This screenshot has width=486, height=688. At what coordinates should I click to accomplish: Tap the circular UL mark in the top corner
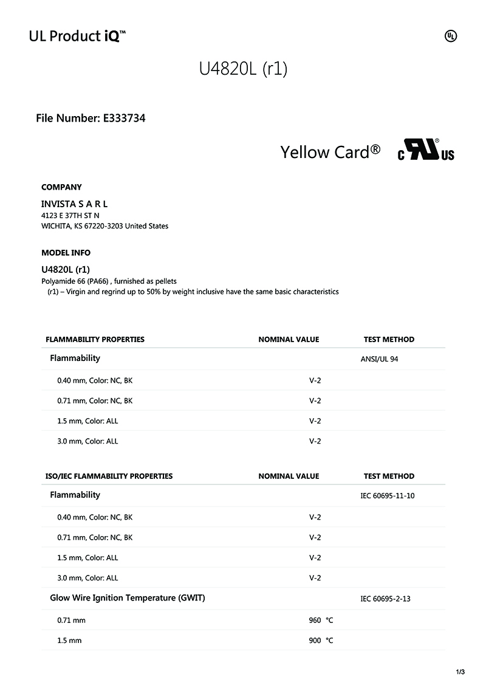point(451,36)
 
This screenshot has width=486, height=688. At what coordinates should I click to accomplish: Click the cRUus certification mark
point(426,151)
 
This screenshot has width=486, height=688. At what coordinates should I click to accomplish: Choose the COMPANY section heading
point(61,187)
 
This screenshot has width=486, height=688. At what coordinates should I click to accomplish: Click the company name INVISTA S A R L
point(74,204)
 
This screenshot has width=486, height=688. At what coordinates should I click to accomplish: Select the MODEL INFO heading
point(66,253)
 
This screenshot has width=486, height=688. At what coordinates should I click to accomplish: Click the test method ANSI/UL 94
point(379,359)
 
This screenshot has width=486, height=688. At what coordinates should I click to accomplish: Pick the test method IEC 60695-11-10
point(388,496)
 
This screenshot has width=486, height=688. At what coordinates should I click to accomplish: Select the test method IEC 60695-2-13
point(385,599)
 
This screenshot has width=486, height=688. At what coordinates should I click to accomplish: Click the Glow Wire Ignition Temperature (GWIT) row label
point(128,598)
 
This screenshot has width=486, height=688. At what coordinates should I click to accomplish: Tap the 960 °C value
point(321,621)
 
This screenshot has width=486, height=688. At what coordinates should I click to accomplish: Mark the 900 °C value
point(321,641)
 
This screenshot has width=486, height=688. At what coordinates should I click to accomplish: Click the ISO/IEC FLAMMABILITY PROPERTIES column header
point(109,476)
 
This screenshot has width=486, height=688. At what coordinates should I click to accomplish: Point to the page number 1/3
point(460,672)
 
